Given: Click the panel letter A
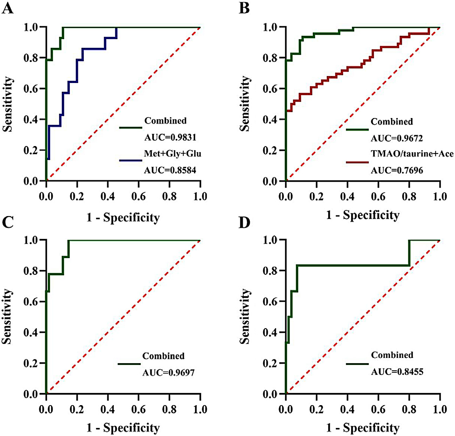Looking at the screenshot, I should coord(7,8).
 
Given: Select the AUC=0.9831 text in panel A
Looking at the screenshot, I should coord(170,137).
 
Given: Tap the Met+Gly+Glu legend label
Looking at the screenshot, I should coord(173,153).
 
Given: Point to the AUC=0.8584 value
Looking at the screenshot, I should coord(170,171).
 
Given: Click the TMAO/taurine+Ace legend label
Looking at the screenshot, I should coord(412,154).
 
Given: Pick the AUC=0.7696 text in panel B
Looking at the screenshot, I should coord(397,171).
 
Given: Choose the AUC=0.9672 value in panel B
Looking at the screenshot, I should coord(397,138).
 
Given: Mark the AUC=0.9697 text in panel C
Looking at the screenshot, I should coord(168,372).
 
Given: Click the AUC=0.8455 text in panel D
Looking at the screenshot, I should coord(397,372).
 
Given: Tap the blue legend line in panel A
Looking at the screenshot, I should coord(131,160).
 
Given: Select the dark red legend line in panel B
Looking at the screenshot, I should coord(357,162).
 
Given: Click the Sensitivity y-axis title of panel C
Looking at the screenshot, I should coord(7,317).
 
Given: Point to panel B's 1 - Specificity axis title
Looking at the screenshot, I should coord(363,215).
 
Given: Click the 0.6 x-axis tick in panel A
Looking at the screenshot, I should coord(139,196).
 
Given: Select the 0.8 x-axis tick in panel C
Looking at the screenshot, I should coord(170,409).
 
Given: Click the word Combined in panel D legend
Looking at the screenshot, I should coord(392,355).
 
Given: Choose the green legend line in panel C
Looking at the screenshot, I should coord(129,364).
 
